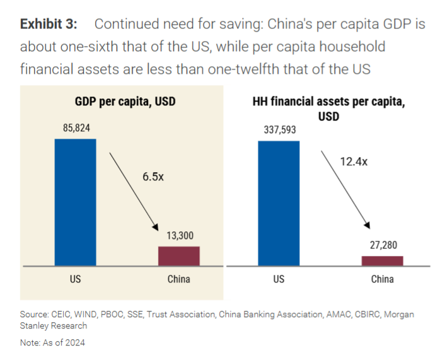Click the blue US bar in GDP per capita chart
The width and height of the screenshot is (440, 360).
(x=75, y=202)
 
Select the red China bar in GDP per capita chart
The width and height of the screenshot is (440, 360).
(x=178, y=256)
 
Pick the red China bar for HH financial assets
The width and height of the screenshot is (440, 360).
(x=382, y=260)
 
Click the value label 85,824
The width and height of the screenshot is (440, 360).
(x=76, y=128)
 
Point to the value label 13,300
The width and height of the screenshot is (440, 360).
(x=179, y=235)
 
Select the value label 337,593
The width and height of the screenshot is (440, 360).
(x=279, y=131)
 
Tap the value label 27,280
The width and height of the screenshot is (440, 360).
(x=382, y=245)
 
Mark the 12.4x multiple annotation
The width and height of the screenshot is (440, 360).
(x=355, y=161)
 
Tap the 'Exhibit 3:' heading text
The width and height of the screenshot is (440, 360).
(x=49, y=25)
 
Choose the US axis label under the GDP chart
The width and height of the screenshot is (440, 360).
(x=75, y=279)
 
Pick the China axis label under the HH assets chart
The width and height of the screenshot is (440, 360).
(x=382, y=279)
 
